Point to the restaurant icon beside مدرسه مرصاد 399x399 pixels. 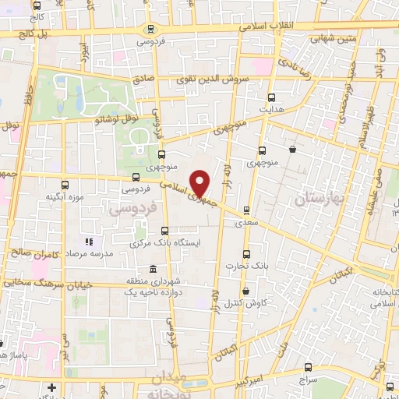click(x=89, y=242)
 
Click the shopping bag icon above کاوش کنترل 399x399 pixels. click(x=246, y=291)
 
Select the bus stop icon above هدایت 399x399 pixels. click(x=271, y=97)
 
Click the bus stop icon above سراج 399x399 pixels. click(x=309, y=366)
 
